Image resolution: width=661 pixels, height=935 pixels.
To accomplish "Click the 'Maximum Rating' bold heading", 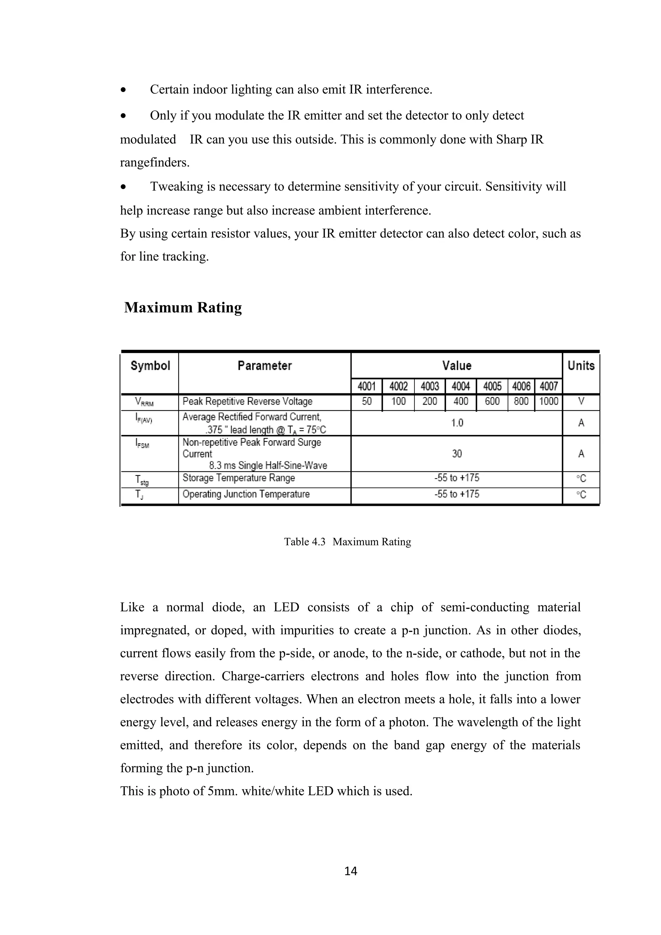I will [x=183, y=308].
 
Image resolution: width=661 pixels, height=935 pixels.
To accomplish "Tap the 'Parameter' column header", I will [x=265, y=366].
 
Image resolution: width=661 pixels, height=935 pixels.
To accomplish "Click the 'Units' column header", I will [x=581, y=366].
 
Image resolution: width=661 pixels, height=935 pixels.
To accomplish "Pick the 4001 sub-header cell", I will [x=367, y=386].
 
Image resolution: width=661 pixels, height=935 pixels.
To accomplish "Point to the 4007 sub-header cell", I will [x=549, y=386].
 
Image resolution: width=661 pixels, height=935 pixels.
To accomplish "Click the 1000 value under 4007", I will [x=549, y=402].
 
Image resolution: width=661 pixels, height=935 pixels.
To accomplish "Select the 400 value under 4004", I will [x=461, y=402].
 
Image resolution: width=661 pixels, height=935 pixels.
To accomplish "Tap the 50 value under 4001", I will [x=367, y=402].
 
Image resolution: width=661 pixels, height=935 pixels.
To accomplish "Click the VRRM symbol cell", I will [x=145, y=402].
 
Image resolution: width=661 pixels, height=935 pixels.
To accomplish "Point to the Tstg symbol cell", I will [x=142, y=480].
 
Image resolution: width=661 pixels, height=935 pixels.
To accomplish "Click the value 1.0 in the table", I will [x=457, y=423].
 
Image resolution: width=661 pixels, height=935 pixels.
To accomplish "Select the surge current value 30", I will [x=457, y=454].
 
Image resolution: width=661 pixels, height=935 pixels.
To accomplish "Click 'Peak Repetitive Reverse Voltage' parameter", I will [x=247, y=402].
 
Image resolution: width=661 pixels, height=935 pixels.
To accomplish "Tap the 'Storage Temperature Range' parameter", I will [x=239, y=478].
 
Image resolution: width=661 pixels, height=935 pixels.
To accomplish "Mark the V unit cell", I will [x=581, y=402].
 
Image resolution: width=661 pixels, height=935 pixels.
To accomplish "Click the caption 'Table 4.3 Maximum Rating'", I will [x=347, y=542].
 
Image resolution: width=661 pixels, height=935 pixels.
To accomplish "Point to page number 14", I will [x=351, y=871].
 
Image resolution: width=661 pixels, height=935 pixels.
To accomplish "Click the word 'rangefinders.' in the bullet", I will [x=155, y=163].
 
